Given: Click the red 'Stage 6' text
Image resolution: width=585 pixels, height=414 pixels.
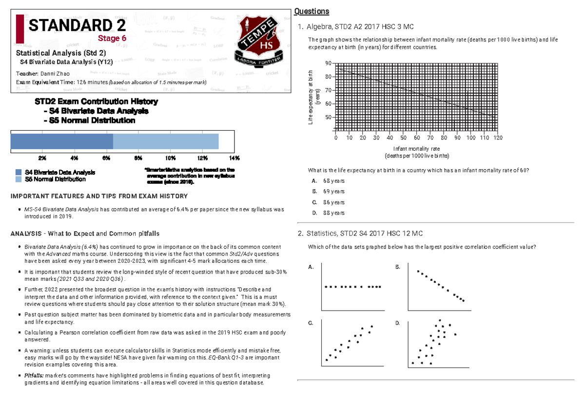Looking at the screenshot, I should tap(112, 39).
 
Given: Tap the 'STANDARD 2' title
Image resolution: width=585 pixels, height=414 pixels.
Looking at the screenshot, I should tap(77, 25).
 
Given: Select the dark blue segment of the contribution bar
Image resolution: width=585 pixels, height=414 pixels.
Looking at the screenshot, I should tap(62, 141).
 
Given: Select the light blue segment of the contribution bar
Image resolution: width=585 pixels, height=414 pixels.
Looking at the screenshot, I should tap(166, 141).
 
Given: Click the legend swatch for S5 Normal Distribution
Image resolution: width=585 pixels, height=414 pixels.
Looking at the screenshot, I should tap(19, 179).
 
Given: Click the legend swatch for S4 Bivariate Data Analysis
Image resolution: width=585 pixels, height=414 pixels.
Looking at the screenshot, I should tap(19, 173).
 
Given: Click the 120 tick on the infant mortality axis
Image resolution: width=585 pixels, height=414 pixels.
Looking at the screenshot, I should tap(498, 138).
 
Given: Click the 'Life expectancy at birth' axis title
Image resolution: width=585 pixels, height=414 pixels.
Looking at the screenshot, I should tap(311, 97).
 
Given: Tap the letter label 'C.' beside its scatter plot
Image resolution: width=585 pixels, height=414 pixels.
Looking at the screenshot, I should tap(311, 323).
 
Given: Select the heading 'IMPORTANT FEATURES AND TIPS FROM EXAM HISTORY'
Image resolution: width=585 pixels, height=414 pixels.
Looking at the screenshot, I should tap(99, 196).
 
